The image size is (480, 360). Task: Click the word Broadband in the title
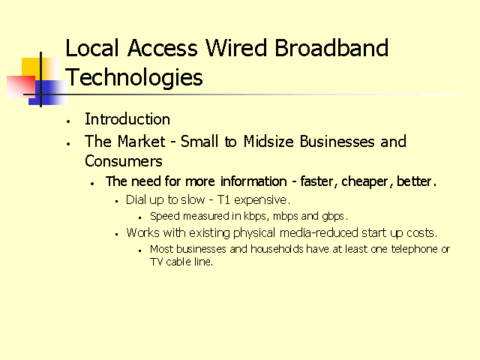coord(331,48)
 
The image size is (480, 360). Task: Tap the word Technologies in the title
coord(134,78)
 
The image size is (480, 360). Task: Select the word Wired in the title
coord(236,48)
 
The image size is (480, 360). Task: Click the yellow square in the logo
coord(40,70)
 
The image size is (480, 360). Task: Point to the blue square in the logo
coord(48,92)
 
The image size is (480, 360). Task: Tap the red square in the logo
coord(21,87)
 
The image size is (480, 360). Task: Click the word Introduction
coord(127,119)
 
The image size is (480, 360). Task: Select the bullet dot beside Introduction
coord(68,121)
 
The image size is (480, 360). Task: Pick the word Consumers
coord(124,161)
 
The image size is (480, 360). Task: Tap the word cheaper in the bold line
coord(365,181)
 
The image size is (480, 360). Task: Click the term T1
coord(223,200)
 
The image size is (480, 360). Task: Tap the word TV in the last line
coord(156,262)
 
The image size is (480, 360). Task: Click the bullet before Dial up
coord(117,202)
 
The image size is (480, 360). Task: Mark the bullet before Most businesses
coord(140,250)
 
